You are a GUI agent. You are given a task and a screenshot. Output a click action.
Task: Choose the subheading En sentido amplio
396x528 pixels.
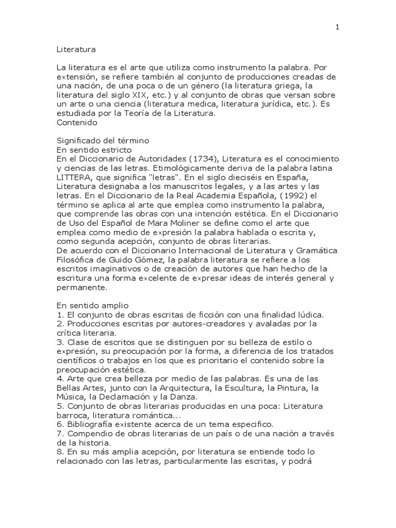88,306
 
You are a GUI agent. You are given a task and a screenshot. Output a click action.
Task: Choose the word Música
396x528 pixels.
71,398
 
